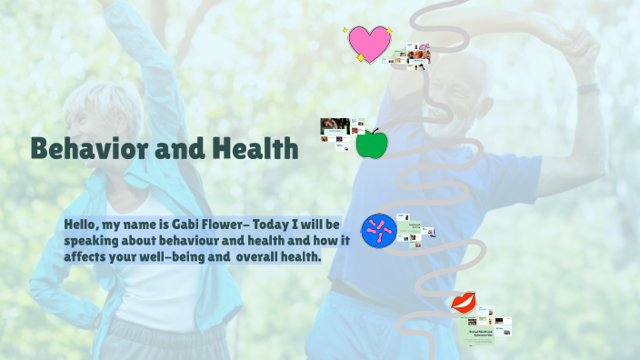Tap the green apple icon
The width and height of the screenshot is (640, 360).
(371, 144)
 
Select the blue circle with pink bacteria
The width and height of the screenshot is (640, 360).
(378, 231)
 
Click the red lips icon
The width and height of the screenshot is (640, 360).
(464, 303)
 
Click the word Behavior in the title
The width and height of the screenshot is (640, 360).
(91, 148)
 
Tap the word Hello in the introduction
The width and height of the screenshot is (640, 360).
(83, 224)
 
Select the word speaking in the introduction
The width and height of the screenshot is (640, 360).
(92, 241)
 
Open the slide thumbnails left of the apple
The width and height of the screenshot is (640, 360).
(336, 134)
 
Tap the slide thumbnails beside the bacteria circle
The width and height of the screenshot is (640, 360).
(417, 232)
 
